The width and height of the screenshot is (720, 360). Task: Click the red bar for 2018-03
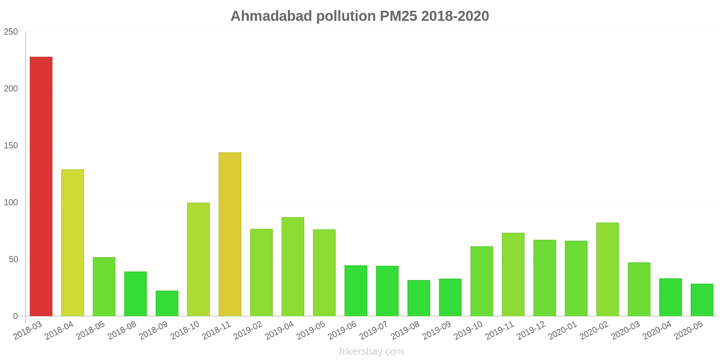pos(41,186)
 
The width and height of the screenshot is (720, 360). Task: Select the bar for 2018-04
pos(72,243)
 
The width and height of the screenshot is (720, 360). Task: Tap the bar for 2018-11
pos(230,234)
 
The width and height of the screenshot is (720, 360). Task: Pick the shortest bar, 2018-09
pos(167,303)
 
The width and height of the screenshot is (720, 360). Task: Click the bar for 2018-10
pos(198,259)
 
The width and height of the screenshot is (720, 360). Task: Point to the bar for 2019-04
pos(293,266)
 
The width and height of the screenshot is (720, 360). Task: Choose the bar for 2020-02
pos(607,269)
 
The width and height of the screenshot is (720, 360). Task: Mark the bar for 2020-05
pos(702,300)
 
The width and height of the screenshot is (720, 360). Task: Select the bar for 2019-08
pos(419,298)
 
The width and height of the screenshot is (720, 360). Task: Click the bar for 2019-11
pos(513,274)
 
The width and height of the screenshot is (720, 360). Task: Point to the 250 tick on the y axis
pos(11,32)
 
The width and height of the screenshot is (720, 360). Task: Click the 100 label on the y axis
pos(11,202)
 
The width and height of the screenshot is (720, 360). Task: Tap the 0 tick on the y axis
pos(15,316)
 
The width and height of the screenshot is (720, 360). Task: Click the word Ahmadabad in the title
pos(271,16)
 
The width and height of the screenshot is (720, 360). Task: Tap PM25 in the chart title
pos(399,16)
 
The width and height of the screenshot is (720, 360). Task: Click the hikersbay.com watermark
pos(372,351)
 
